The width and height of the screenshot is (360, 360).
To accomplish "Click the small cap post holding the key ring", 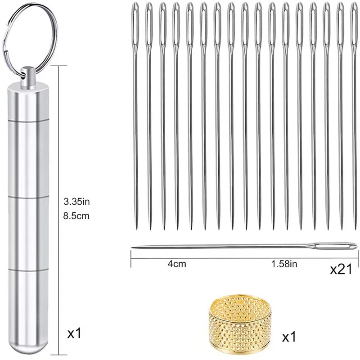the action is coord(28,76).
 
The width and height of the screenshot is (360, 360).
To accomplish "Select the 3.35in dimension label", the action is coord(76,202).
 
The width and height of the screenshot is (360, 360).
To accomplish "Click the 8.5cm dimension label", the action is coord(76,216).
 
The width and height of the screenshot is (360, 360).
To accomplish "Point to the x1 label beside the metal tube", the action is coord(74,333).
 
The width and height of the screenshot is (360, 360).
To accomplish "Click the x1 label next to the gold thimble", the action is coord(289,337).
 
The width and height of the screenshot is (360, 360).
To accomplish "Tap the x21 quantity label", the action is coord(341,269).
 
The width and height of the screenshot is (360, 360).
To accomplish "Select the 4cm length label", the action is coord(177,264).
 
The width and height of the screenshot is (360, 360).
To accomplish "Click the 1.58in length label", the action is coord(284,264).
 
